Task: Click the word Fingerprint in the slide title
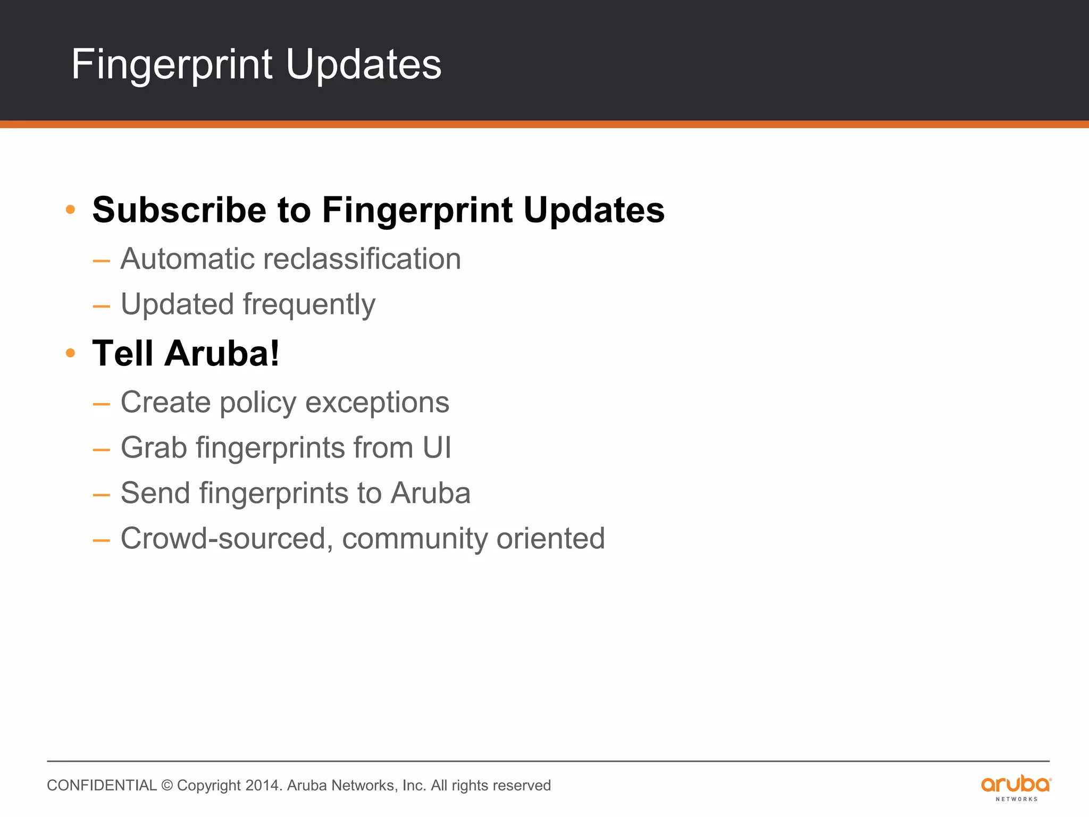pyautogui.click(x=172, y=65)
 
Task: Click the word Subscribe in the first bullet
pyautogui.click(x=179, y=210)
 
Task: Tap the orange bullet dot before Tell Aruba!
pyautogui.click(x=70, y=353)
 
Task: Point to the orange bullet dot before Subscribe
pyautogui.click(x=70, y=210)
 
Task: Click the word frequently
pyautogui.click(x=309, y=305)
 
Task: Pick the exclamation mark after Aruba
pyautogui.click(x=274, y=353)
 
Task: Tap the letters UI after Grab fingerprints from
pyautogui.click(x=437, y=447)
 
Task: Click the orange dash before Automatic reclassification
pyautogui.click(x=101, y=261)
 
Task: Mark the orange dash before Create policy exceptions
pyautogui.click(x=101, y=404)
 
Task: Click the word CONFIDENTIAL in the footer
pyautogui.click(x=102, y=786)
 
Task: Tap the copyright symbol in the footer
pyautogui.click(x=167, y=786)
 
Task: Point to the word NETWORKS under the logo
pyautogui.click(x=1016, y=799)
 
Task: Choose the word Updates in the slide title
pyautogui.click(x=363, y=65)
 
